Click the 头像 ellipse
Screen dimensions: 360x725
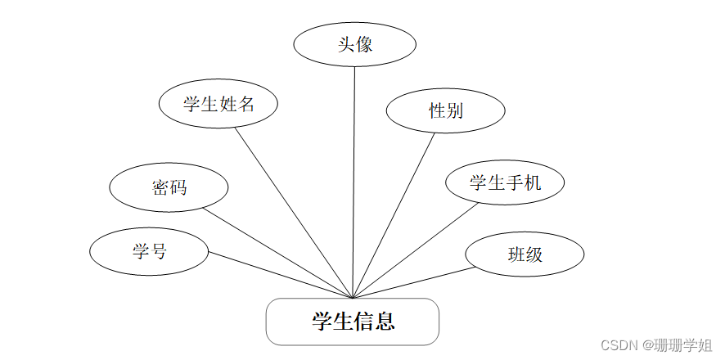click(x=354, y=44)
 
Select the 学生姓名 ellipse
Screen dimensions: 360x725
click(x=218, y=104)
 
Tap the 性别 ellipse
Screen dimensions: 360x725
click(x=446, y=110)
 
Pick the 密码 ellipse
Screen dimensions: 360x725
click(x=169, y=187)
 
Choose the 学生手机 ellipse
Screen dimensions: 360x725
click(x=505, y=182)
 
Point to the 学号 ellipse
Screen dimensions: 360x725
click(x=149, y=251)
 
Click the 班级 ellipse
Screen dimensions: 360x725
click(x=525, y=254)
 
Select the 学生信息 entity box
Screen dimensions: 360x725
click(x=353, y=322)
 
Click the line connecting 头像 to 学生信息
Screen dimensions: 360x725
click(x=354, y=180)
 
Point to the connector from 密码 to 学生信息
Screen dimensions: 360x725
click(x=278, y=253)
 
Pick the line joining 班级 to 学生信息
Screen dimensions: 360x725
click(x=409, y=282)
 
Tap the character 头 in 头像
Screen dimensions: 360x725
click(x=346, y=44)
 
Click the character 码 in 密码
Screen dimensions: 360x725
click(x=178, y=187)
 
